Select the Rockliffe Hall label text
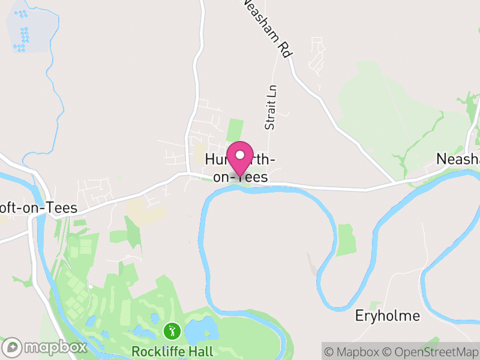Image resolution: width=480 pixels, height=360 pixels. [x=172, y=350]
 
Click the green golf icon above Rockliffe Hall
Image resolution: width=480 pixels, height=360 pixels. [x=172, y=331]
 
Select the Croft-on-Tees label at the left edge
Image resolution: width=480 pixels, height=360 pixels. [x=38, y=208]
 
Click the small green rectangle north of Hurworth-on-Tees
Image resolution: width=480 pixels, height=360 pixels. [x=235, y=130]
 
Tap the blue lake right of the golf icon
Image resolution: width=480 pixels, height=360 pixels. [x=197, y=329]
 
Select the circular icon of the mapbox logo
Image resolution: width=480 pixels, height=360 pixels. [x=13, y=347]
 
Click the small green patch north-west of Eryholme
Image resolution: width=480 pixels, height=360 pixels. [x=346, y=239]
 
